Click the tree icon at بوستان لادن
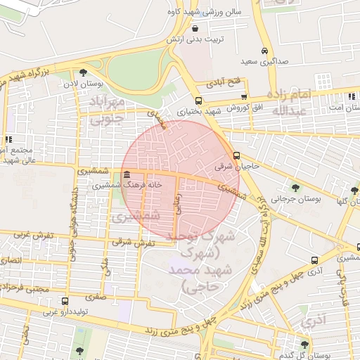tap(83, 72)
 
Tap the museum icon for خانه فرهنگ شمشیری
tap(126, 174)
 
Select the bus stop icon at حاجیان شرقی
tap(236, 156)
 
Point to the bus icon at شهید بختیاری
tap(198, 101)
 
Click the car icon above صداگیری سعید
tap(264, 51)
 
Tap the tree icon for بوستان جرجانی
tap(295, 188)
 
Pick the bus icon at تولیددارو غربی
tap(65, 302)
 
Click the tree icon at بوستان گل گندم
tap(304, 344)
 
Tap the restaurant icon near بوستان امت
tap(351, 96)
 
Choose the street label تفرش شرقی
tap(138, 243)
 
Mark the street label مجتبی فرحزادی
tap(27, 289)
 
